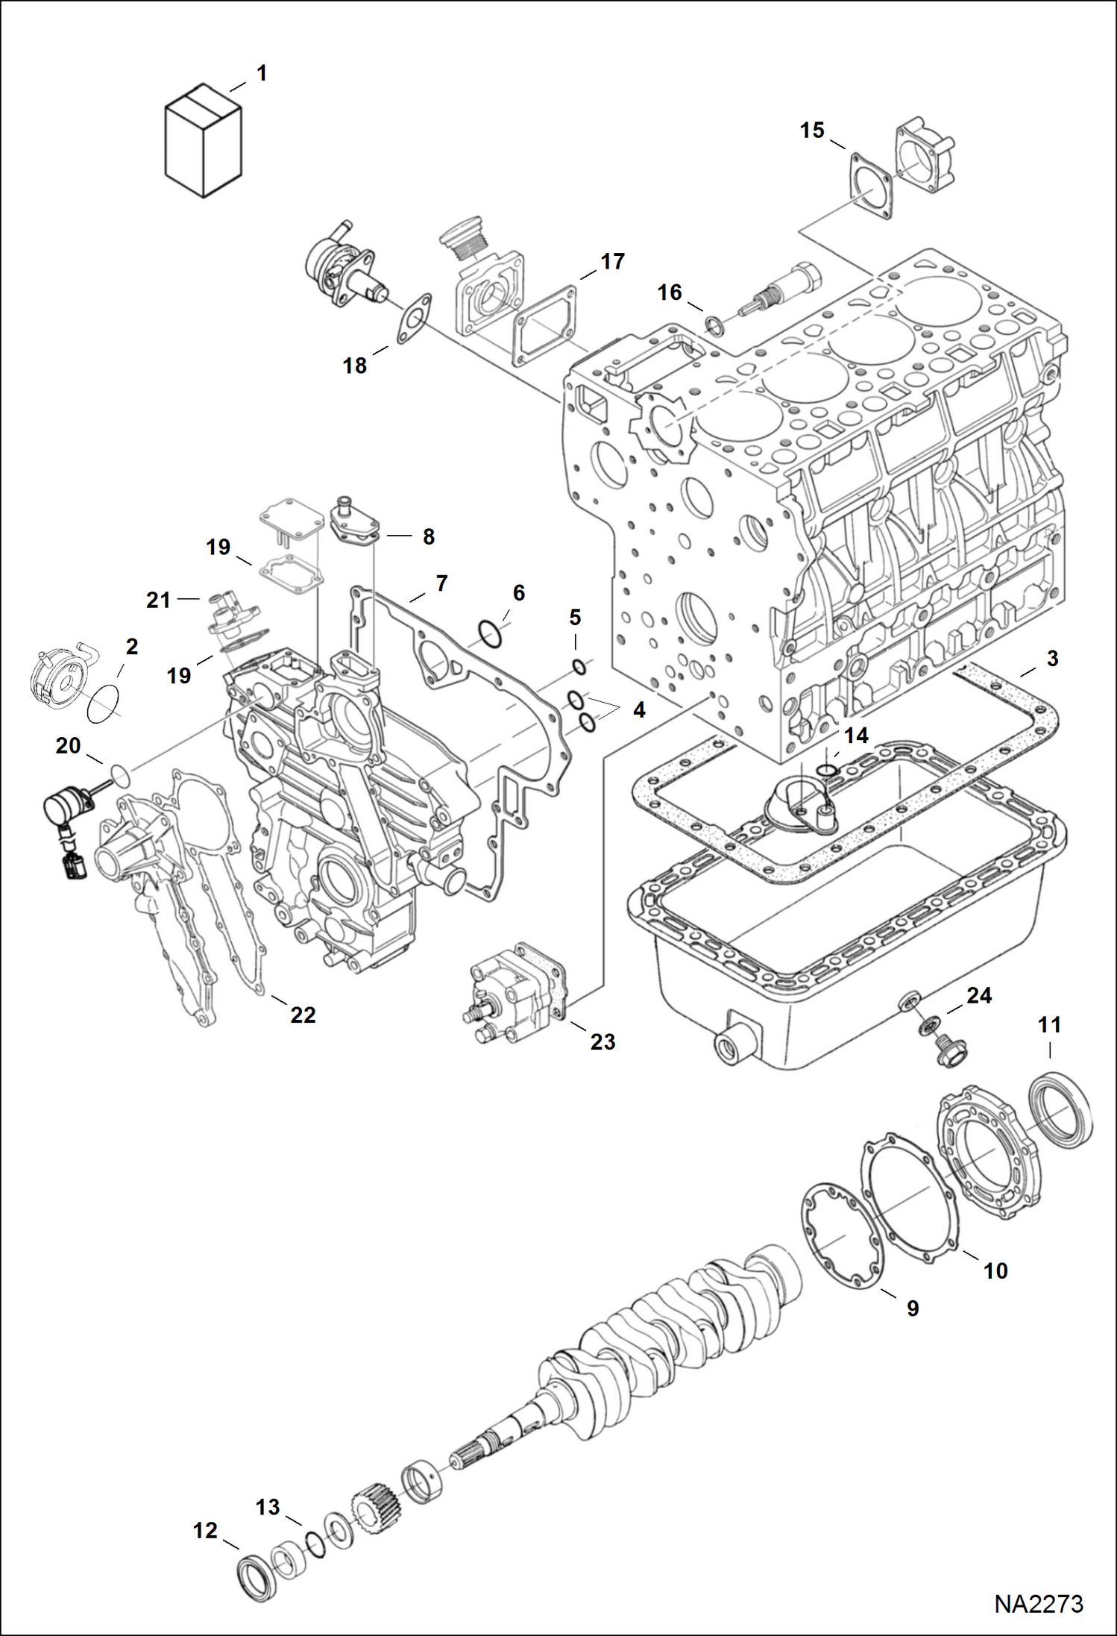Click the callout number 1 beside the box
(x=262, y=73)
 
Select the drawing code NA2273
(x=1038, y=1604)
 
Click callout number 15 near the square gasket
(x=812, y=131)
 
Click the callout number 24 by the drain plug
(x=979, y=995)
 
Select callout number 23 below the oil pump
(x=602, y=1041)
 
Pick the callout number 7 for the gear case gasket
(x=441, y=583)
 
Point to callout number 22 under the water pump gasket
(x=303, y=1015)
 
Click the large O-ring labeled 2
(x=103, y=703)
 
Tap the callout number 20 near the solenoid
(x=68, y=745)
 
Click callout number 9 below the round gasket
(x=913, y=1308)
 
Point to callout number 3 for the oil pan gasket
(x=1052, y=658)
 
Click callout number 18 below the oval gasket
(x=355, y=366)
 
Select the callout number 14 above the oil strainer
(x=856, y=736)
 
